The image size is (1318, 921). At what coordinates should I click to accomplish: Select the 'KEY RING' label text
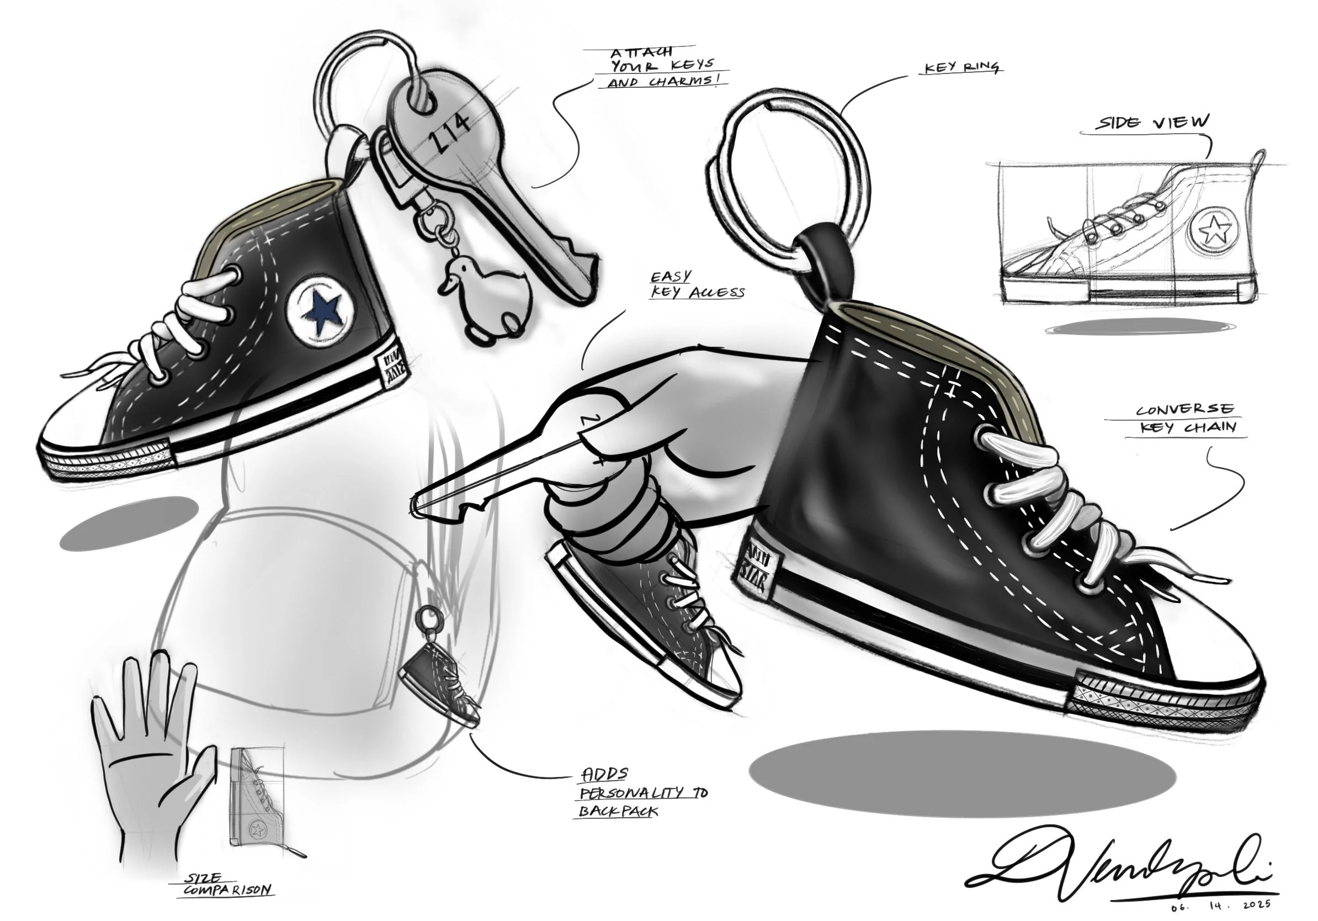(x=961, y=68)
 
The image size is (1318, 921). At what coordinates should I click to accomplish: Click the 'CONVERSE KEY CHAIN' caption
(x=1186, y=419)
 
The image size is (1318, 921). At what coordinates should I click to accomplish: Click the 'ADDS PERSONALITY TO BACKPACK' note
(x=642, y=793)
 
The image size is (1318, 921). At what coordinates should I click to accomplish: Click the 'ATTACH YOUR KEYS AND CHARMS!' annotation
(x=660, y=68)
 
